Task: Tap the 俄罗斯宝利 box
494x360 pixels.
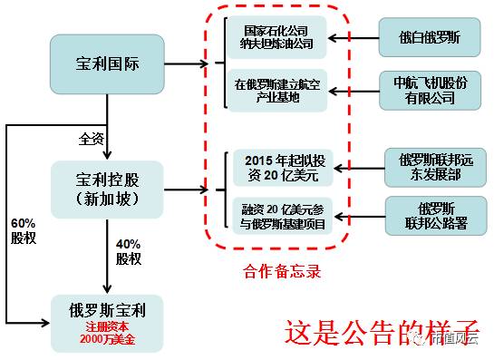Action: coord(107,324)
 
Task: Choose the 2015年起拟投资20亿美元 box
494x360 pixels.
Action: coord(282,164)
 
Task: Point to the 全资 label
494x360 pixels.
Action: coord(92,139)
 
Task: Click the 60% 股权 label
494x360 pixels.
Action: coord(24,230)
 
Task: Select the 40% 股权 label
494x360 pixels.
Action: coord(129,251)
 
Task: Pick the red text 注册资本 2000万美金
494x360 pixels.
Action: coord(107,336)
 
